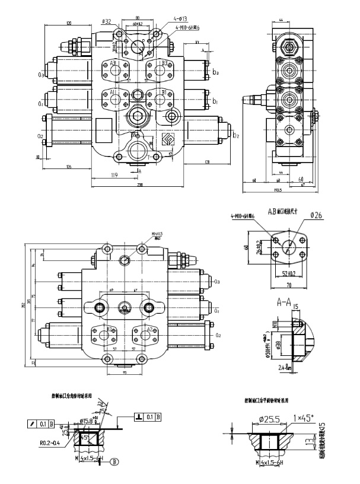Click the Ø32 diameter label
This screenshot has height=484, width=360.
coord(107,21)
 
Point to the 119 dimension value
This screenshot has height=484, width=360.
coord(114,175)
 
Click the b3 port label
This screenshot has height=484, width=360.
coord(215,72)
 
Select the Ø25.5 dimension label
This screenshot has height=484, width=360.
coord(267,419)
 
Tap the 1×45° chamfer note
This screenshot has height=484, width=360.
coord(304,418)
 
